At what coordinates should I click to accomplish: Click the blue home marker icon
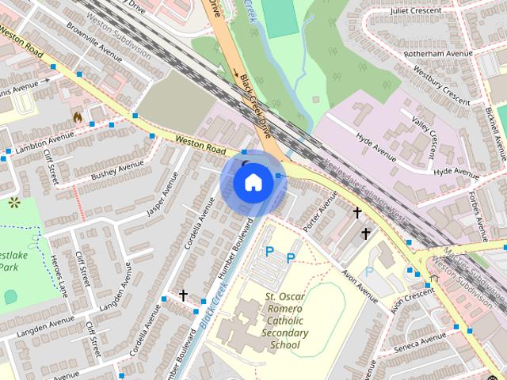[x=253, y=183]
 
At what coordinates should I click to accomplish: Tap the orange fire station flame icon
[x=78, y=118]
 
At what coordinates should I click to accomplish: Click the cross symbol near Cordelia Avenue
[x=184, y=295]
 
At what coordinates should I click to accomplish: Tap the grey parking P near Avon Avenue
[x=369, y=272]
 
